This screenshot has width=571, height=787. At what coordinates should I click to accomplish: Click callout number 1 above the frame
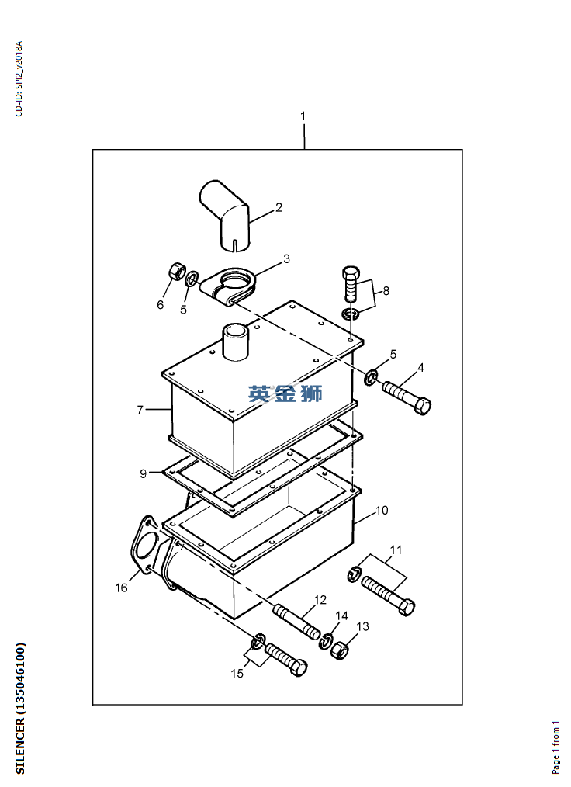[x=303, y=116]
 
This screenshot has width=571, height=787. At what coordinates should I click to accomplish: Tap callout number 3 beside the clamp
[x=286, y=258]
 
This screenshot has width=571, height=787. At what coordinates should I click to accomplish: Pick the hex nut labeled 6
[x=175, y=272]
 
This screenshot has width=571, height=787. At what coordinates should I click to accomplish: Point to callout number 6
[x=161, y=305]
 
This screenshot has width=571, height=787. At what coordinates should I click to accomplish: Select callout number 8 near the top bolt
[x=386, y=291]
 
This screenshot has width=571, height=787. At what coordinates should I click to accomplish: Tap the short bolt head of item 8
[x=351, y=274]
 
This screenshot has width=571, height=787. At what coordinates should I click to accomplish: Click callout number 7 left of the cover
[x=140, y=410]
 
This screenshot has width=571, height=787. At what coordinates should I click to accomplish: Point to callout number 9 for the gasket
[x=143, y=473]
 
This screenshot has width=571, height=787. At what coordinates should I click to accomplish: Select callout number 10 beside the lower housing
[x=382, y=511]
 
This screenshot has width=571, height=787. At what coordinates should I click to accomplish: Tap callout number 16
[x=121, y=588]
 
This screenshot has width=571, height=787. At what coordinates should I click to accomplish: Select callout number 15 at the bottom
[x=237, y=673]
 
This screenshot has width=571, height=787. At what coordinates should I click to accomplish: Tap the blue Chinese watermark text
[x=285, y=394]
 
